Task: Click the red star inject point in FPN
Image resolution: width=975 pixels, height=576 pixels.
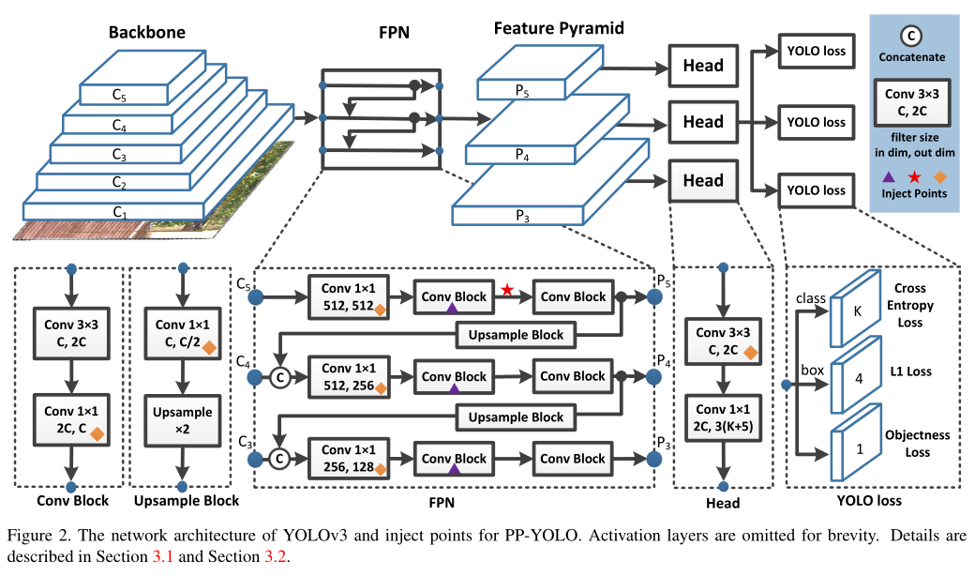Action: click(507, 290)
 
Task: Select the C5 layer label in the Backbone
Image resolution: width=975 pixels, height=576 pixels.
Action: click(119, 95)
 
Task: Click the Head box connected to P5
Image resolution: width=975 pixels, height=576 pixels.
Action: click(702, 65)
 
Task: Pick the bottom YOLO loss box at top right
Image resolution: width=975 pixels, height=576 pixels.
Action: click(815, 190)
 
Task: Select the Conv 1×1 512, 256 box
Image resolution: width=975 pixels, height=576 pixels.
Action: click(348, 376)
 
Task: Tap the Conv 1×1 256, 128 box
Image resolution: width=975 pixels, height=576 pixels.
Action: click(348, 459)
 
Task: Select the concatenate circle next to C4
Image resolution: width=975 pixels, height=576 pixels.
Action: click(278, 377)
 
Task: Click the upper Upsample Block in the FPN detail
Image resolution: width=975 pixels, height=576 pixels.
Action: click(516, 335)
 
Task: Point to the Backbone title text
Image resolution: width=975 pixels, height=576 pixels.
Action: click(146, 32)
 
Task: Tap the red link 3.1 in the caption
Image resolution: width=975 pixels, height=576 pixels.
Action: click(163, 556)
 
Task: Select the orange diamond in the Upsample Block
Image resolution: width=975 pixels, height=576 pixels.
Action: click(209, 348)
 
